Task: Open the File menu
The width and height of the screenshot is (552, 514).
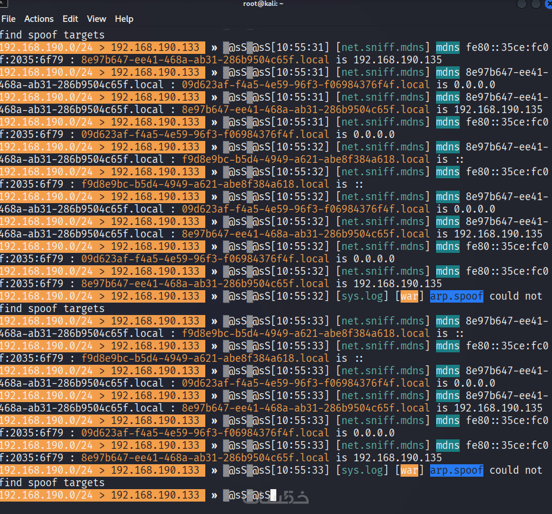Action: [8, 19]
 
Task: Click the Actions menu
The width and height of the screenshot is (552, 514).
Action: [38, 19]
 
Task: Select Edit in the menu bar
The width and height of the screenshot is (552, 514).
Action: [70, 19]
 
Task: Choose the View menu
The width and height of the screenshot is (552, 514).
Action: [96, 19]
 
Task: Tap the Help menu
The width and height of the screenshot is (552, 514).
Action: [124, 19]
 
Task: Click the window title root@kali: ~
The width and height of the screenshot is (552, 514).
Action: [263, 4]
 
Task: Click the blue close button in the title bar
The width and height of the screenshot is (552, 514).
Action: [548, 4]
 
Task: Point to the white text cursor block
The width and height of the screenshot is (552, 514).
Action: [273, 495]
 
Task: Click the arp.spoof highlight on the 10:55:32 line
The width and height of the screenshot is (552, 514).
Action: [457, 296]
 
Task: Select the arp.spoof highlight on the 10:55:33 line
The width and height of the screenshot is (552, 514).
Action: [457, 470]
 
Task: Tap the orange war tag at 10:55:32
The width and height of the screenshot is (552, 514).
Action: [409, 296]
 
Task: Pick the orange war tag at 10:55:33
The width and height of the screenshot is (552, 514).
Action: [409, 470]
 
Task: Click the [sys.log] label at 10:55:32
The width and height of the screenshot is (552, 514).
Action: [362, 296]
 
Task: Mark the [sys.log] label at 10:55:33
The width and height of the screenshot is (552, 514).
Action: [362, 470]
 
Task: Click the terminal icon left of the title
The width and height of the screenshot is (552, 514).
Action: [4, 4]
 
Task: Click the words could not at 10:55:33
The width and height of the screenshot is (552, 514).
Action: [516, 470]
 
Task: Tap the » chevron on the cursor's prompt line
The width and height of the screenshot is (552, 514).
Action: [214, 495]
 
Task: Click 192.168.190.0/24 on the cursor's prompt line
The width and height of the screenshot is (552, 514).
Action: [47, 495]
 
